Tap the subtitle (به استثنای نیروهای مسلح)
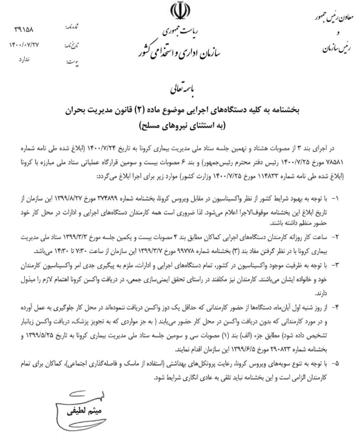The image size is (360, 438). [x=180, y=126]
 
